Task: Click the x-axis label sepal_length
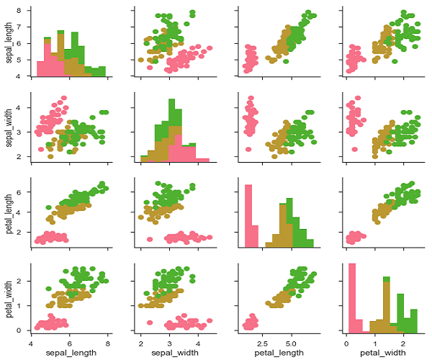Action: pos(70,353)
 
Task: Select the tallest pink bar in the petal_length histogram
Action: pos(248,216)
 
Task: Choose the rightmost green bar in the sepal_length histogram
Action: pos(102,71)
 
